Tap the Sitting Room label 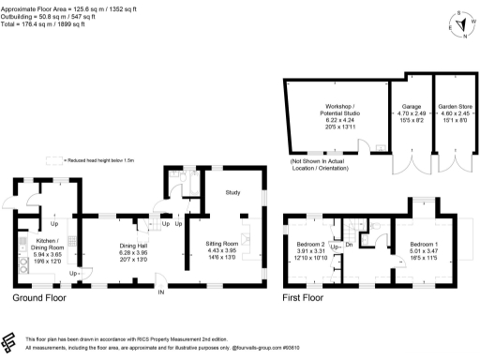click(223, 243)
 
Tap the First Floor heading click(309, 298)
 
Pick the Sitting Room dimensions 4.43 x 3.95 click(223, 250)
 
